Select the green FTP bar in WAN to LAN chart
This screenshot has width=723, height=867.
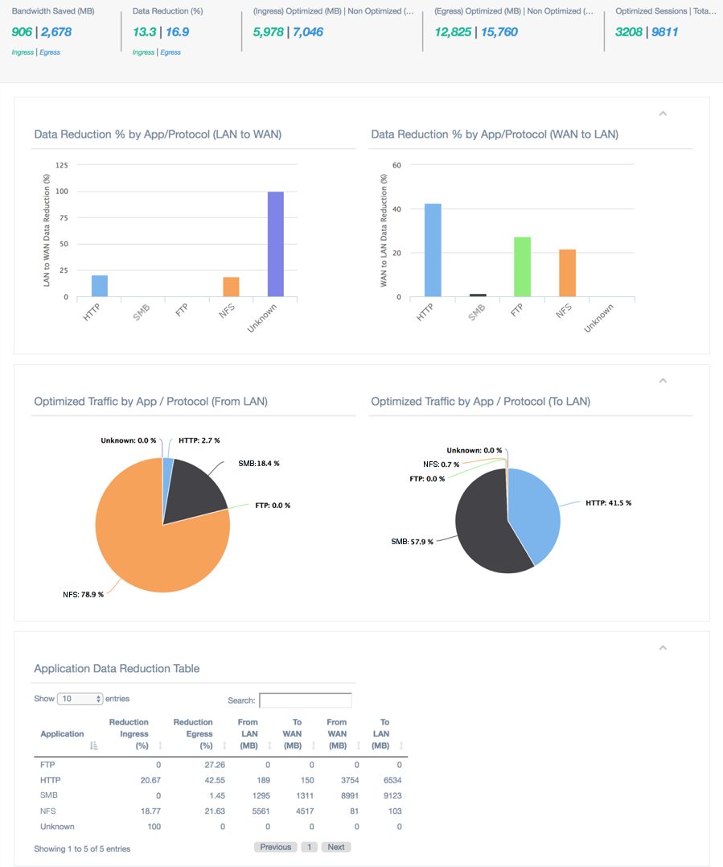522,266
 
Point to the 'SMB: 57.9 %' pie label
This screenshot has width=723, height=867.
413,542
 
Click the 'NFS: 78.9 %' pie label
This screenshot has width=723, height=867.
83,595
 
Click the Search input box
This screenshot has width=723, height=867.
306,700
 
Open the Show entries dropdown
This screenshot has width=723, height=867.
80,699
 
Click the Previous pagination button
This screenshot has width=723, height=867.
275,847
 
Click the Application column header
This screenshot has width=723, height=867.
62,733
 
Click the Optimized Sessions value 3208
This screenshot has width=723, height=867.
628,32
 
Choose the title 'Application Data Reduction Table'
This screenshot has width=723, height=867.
117,669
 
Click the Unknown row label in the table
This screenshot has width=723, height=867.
57,827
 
